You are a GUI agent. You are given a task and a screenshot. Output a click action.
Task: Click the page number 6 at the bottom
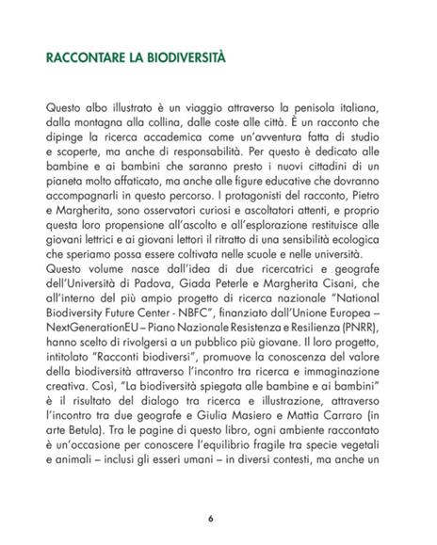[x=212, y=518]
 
